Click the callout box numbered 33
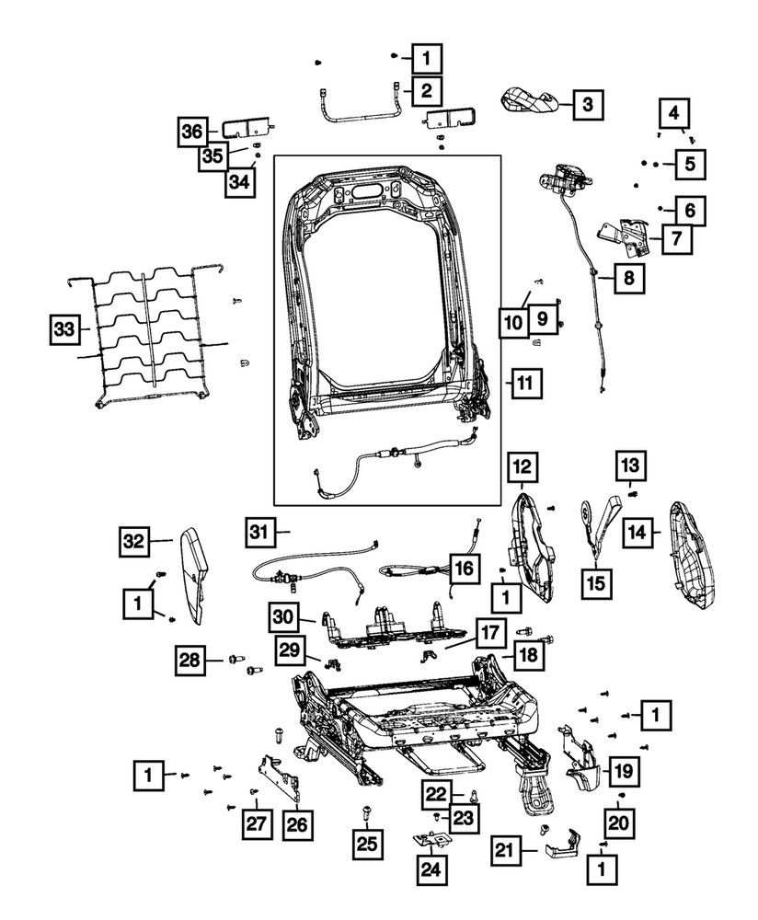click(x=63, y=328)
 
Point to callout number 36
click(x=192, y=132)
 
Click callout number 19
click(x=623, y=770)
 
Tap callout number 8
click(x=629, y=276)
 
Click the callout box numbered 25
click(x=368, y=840)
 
